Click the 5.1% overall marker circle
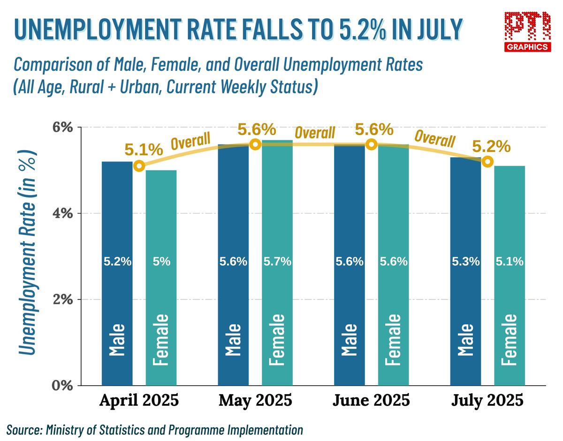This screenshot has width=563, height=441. [x=139, y=166]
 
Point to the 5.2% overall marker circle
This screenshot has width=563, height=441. [x=487, y=162]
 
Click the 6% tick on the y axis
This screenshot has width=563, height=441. [x=62, y=128]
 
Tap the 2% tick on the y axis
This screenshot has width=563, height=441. [x=62, y=299]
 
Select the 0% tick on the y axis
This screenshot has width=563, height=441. [x=62, y=386]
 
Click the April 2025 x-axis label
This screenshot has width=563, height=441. [x=139, y=401]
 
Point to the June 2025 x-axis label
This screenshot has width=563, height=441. [x=371, y=401]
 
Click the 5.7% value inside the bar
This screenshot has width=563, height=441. [x=277, y=262]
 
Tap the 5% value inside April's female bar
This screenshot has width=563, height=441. [x=161, y=262]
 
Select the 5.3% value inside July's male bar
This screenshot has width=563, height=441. [x=465, y=262]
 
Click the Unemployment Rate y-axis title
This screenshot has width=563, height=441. [x=28, y=253]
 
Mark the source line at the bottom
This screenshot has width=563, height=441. [x=155, y=429]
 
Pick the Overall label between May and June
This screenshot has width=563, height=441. [x=315, y=133]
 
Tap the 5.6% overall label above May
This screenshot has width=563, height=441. [x=257, y=129]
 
